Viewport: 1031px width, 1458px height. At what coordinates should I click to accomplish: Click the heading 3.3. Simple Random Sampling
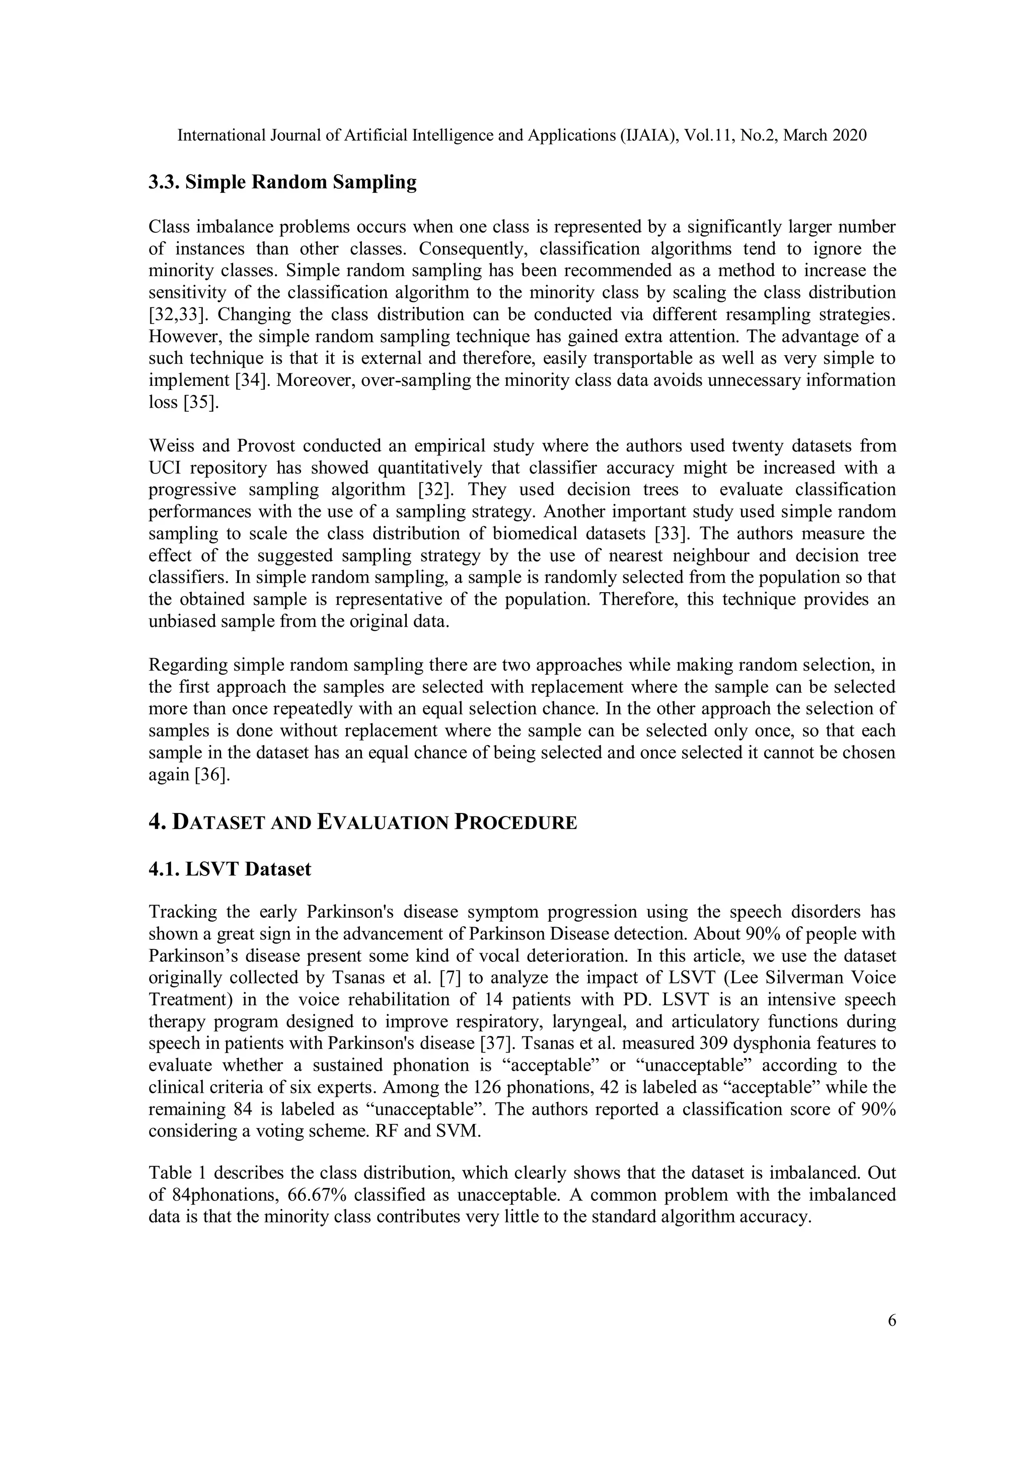pyautogui.click(x=283, y=182)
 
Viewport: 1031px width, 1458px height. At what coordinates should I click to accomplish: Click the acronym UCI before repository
pyautogui.click(x=165, y=468)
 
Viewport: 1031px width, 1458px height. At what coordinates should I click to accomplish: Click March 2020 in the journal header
pyautogui.click(x=825, y=135)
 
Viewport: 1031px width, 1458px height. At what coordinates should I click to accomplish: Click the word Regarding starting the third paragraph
pyautogui.click(x=188, y=665)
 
